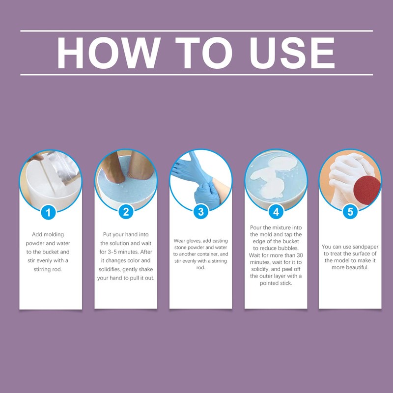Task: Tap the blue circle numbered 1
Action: click(48, 212)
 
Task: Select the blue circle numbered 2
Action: click(126, 212)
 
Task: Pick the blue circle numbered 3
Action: click(200, 212)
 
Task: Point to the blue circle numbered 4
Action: click(276, 212)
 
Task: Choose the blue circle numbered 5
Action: click(350, 212)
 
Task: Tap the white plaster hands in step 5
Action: click(344, 169)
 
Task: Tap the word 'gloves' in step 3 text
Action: click(195, 241)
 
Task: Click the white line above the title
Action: click(196, 31)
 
